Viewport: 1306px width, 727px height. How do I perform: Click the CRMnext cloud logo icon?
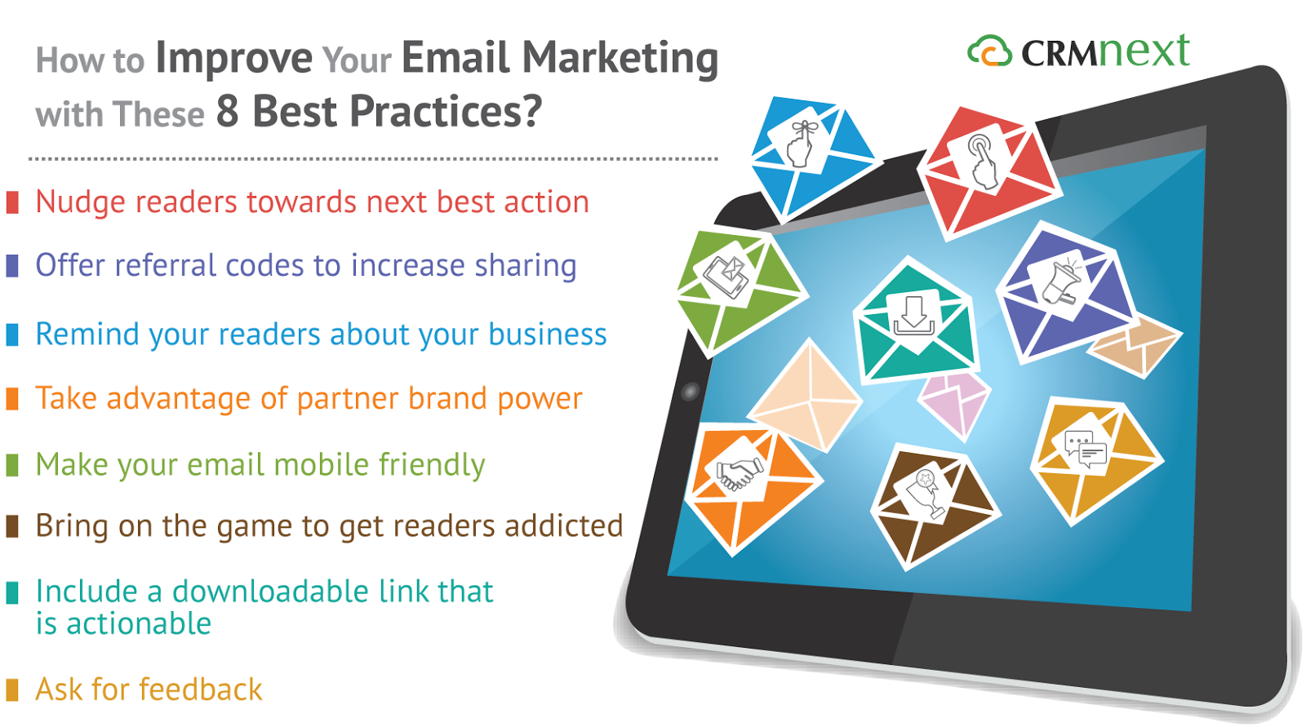coord(989,51)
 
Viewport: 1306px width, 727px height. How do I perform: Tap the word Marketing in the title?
coord(620,59)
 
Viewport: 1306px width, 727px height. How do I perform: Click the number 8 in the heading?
coord(228,111)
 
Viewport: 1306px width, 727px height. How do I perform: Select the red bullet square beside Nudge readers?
coord(12,202)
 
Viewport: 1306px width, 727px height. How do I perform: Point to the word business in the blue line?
coord(548,335)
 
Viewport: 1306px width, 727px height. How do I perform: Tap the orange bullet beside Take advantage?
coord(12,399)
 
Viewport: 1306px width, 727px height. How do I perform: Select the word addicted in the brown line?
coord(564,525)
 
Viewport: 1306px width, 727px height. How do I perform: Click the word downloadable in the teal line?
coord(270,592)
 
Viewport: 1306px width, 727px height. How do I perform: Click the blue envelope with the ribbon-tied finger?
coord(811,157)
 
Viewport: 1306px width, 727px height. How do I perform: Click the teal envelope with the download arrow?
coord(914,321)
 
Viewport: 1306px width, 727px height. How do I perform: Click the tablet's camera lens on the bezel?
coord(691,392)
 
